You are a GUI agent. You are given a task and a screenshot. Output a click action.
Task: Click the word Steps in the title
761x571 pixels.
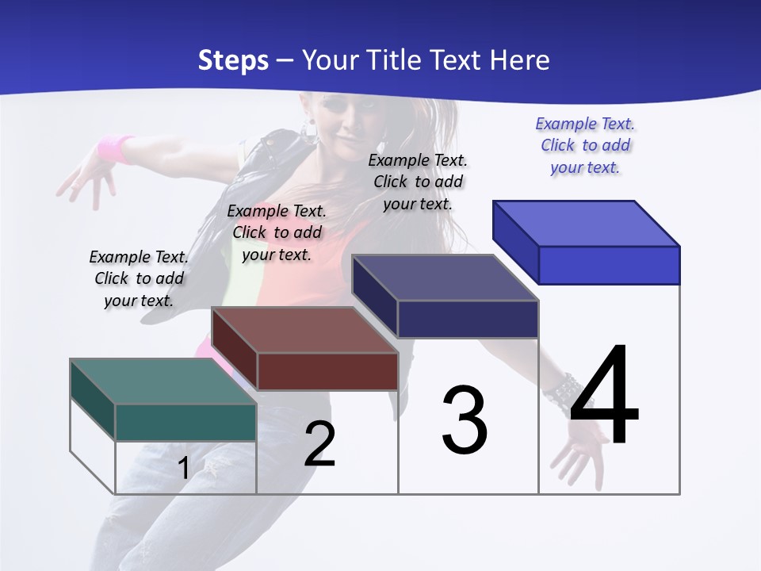(x=233, y=60)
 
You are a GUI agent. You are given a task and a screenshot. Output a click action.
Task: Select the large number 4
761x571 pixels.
(x=604, y=397)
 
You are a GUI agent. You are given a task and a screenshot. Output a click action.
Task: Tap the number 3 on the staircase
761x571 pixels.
(x=465, y=420)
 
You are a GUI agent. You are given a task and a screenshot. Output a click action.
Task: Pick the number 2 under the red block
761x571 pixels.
(x=320, y=444)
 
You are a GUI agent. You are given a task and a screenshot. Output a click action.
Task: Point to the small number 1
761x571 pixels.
(x=183, y=468)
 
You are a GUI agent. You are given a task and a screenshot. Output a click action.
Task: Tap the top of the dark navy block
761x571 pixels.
(x=445, y=278)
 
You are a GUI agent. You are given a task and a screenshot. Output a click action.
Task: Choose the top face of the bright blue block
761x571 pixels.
(x=587, y=223)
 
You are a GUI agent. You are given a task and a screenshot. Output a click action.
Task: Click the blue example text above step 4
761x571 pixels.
(x=585, y=146)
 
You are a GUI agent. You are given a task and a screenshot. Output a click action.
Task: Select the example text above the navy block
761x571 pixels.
(x=418, y=182)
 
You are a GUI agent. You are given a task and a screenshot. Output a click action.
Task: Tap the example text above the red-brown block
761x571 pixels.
(x=277, y=232)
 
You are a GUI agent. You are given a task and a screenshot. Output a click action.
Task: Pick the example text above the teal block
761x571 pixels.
(x=139, y=278)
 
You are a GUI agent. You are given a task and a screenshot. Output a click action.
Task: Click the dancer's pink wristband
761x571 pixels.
(x=116, y=148)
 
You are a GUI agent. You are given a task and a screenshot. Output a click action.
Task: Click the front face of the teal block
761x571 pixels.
(x=185, y=422)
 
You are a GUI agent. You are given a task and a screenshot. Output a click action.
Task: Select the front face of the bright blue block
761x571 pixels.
(x=609, y=265)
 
